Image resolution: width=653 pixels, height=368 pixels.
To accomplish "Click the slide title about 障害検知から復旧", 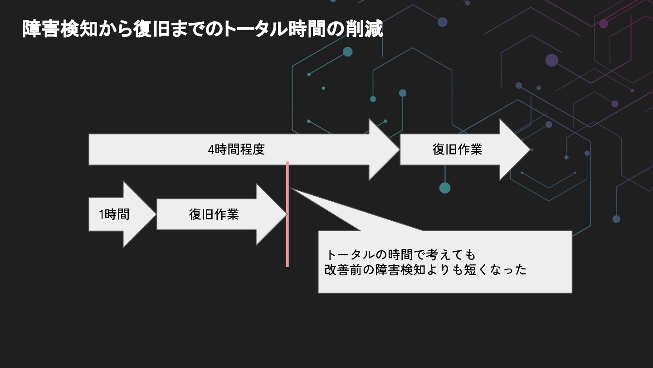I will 203,29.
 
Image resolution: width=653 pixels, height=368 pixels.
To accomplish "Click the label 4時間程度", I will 236,149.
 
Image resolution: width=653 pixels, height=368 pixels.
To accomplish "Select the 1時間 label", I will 114,214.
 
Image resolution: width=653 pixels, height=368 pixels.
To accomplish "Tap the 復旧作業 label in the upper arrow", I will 457,149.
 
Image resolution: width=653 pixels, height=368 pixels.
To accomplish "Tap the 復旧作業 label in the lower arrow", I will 214,214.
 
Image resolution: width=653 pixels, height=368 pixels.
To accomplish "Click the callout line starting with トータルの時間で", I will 401,254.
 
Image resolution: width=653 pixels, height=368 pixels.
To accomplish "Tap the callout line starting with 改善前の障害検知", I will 425,270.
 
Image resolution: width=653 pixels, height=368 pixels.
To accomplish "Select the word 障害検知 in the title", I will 60,29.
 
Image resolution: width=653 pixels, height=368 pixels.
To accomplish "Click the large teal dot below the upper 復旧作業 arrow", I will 445,188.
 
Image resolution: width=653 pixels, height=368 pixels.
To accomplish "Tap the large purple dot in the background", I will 552,60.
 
